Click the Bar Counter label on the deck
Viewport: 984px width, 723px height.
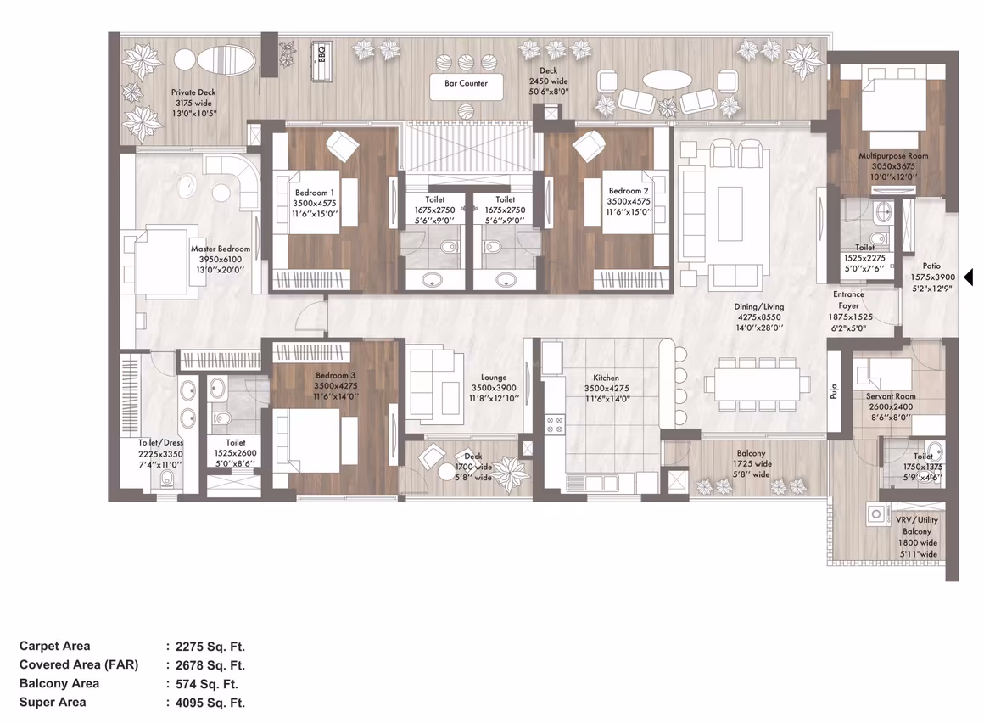[466, 83]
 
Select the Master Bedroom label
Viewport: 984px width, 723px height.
[221, 249]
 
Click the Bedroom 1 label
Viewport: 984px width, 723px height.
[315, 193]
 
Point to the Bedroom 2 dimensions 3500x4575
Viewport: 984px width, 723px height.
[629, 201]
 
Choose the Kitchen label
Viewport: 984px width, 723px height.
[607, 378]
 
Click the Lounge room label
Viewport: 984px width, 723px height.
[494, 377]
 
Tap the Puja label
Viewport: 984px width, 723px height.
[834, 392]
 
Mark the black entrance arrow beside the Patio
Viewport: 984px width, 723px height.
[969, 276]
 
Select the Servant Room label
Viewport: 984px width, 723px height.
[891, 396]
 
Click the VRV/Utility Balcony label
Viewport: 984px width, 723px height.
[917, 525]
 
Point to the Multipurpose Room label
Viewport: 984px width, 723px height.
[893, 155]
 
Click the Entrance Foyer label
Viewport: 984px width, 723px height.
[848, 300]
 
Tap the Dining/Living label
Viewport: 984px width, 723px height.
[759, 307]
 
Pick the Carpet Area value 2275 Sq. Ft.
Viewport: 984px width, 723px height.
[210, 647]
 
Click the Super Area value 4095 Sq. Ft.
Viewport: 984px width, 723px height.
[210, 703]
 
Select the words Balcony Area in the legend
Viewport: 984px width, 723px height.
[59, 683]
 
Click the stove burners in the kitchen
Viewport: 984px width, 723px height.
[555, 425]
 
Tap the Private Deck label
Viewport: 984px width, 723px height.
[193, 92]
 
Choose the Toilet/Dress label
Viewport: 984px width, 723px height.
[160, 442]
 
